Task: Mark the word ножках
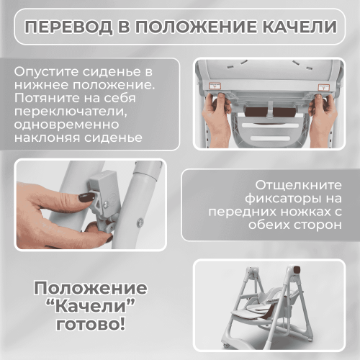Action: (x=302, y=213)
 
